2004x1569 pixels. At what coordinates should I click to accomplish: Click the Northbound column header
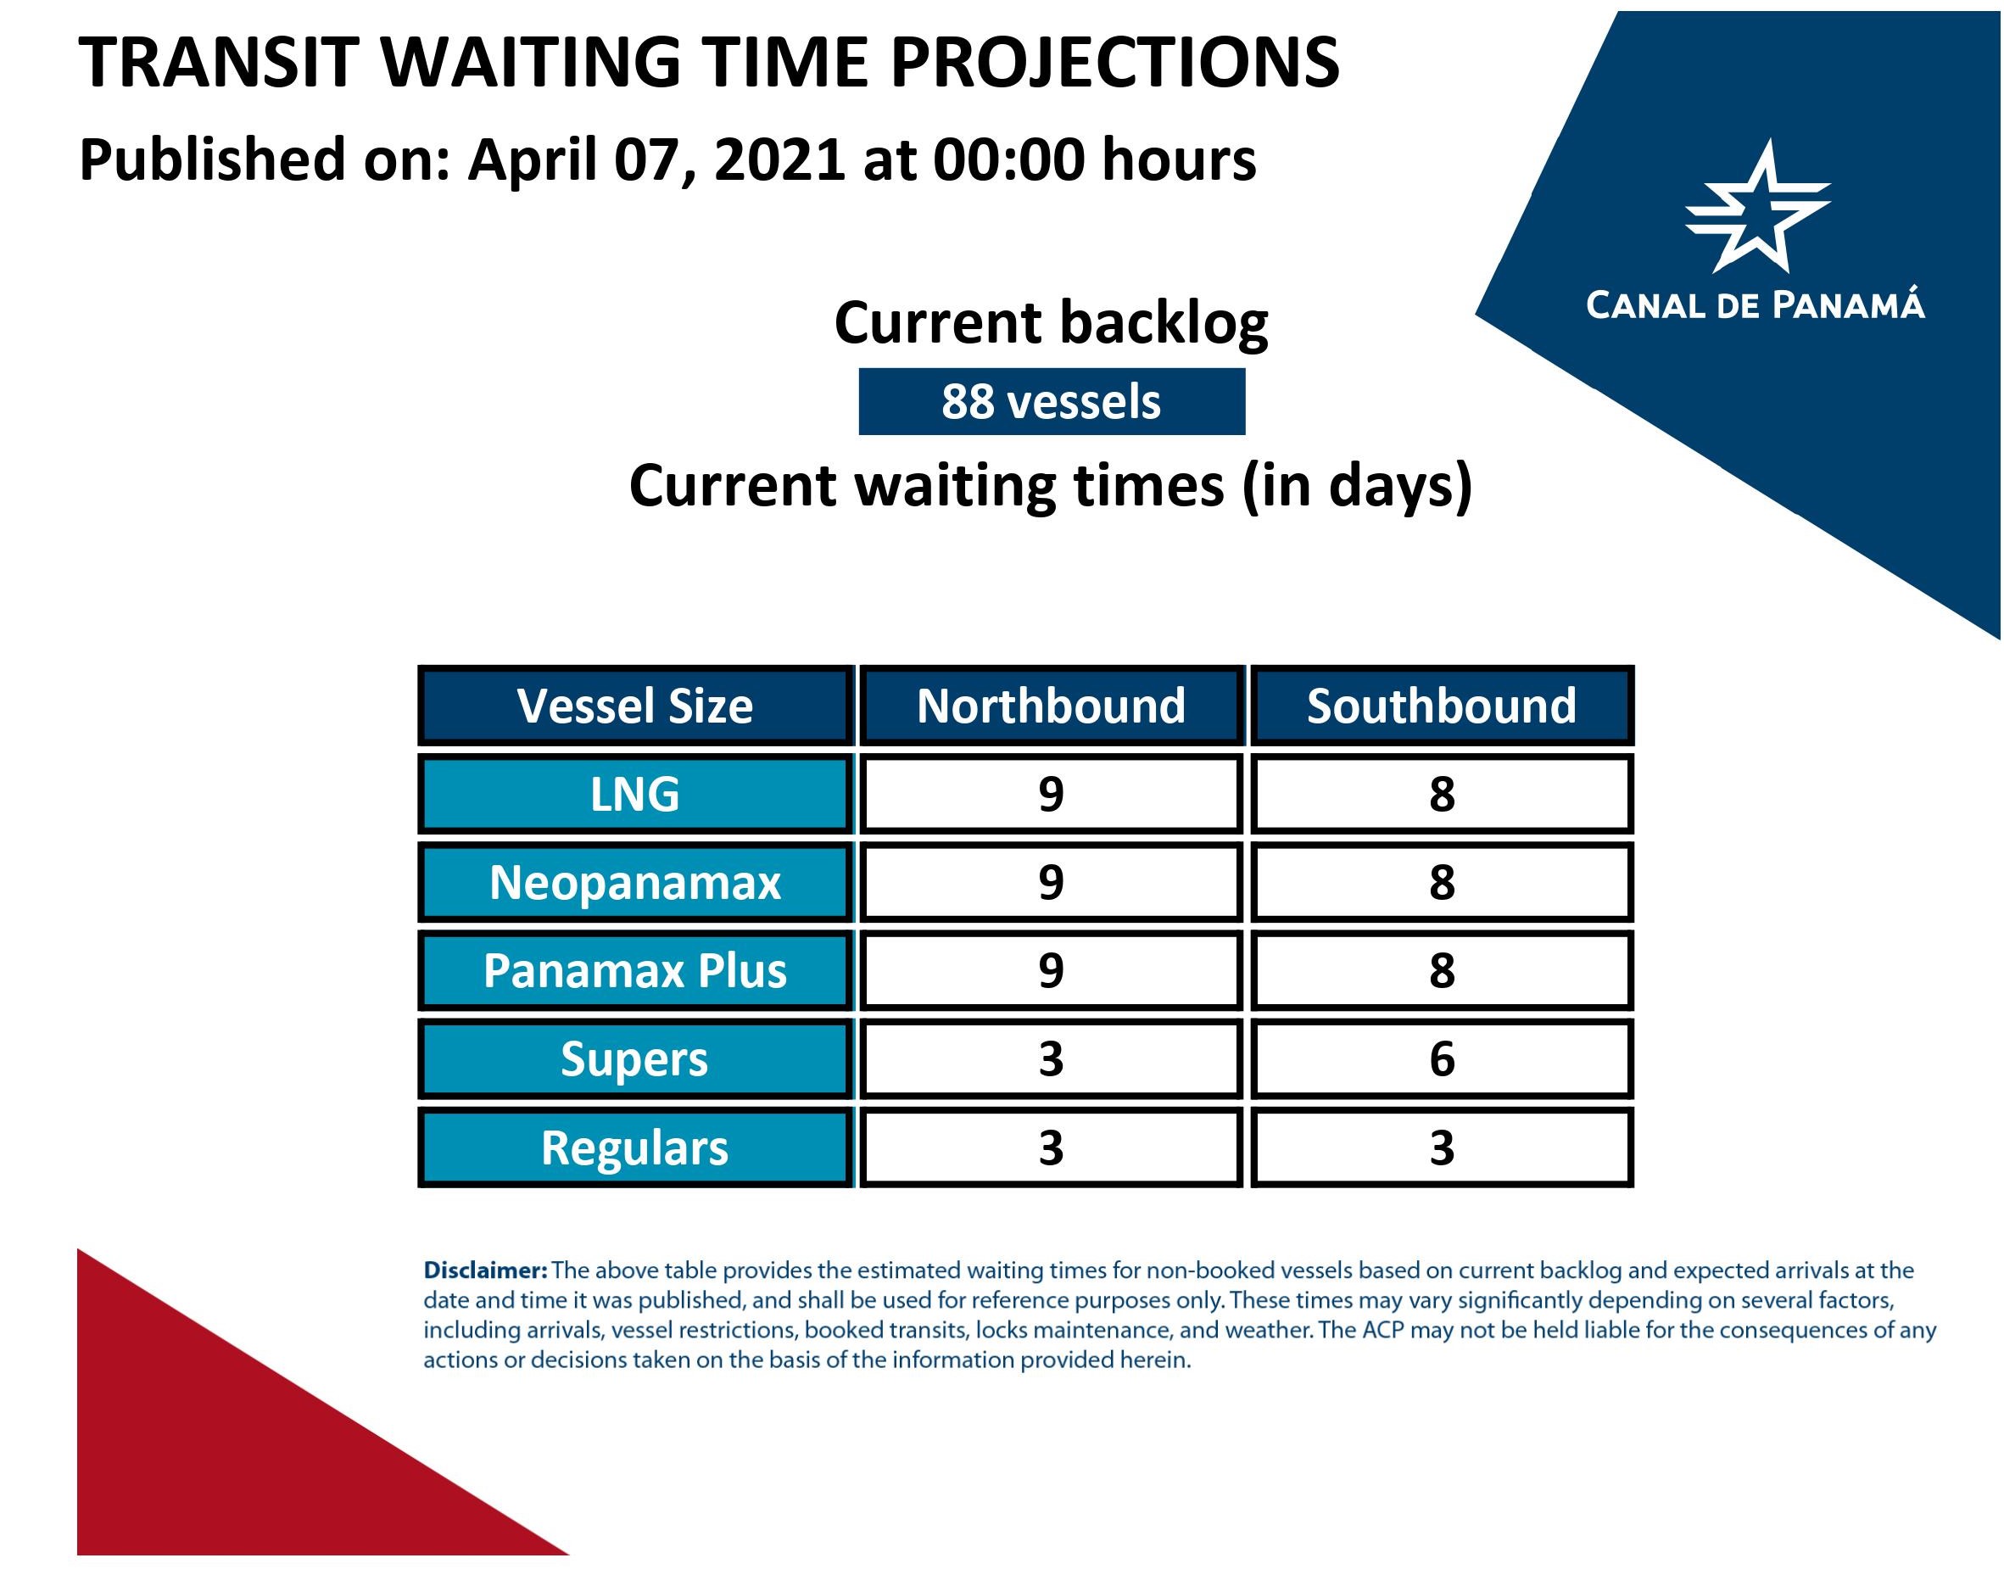pos(1051,706)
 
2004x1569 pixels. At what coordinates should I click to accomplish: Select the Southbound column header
pos(1442,706)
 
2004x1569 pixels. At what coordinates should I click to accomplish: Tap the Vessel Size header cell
pos(635,706)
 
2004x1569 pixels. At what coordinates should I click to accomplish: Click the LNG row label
pos(635,794)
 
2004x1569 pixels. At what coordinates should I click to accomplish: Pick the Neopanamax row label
pos(635,882)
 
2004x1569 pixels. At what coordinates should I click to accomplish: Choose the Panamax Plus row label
pos(635,970)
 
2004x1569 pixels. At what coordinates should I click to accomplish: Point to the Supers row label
pos(635,1058)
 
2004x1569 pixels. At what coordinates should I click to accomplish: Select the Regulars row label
pos(635,1147)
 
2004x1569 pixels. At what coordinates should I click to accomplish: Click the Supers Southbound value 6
pos(1442,1058)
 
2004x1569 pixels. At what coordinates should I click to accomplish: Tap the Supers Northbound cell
pos(1051,1058)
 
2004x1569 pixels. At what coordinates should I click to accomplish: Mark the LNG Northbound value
pos(1051,794)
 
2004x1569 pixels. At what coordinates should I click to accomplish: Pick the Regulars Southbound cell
pos(1442,1147)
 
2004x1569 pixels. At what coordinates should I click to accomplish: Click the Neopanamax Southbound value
pos(1442,882)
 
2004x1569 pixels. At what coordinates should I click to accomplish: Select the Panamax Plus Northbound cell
pos(1051,970)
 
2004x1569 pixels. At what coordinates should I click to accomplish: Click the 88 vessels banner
pos(1052,401)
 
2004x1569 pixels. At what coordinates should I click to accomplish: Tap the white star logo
pos(1758,208)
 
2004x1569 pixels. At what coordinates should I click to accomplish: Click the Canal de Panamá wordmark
pos(1756,305)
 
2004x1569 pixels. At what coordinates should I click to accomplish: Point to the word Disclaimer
pos(485,1270)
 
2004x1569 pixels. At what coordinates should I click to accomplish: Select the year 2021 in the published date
pos(779,159)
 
